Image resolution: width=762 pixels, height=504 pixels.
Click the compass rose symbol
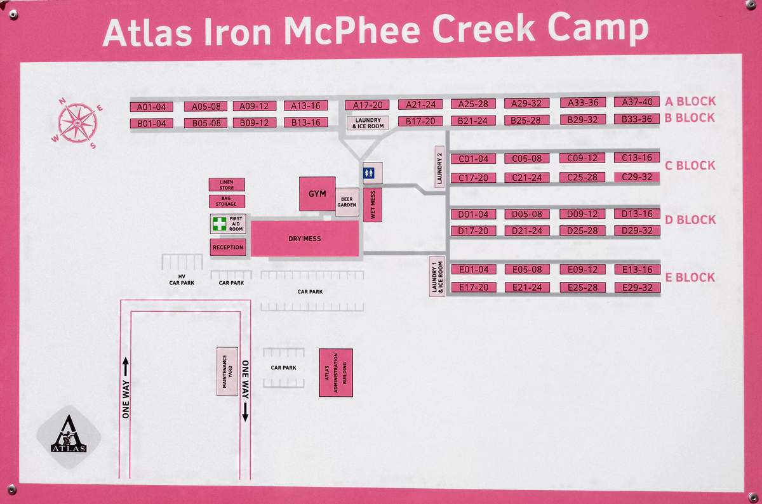(x=76, y=122)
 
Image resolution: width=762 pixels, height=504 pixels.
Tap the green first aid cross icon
(x=219, y=223)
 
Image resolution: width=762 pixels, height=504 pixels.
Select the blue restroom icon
(x=373, y=172)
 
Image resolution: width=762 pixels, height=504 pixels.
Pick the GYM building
(x=317, y=194)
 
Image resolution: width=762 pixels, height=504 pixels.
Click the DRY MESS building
(x=305, y=239)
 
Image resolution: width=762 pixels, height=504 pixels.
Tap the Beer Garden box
(x=347, y=202)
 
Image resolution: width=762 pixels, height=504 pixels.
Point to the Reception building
(x=228, y=247)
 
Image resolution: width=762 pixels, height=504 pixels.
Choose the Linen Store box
(x=227, y=185)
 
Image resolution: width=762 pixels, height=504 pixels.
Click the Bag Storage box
(x=227, y=201)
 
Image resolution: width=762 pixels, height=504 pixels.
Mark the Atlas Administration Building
(x=335, y=373)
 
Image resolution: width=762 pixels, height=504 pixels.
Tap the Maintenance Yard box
(x=227, y=371)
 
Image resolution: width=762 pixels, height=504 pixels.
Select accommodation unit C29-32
(x=637, y=177)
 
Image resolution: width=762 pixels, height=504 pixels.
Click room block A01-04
(x=151, y=107)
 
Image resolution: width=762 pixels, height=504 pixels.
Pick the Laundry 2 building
(x=439, y=166)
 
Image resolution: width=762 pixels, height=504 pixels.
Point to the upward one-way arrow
(x=126, y=366)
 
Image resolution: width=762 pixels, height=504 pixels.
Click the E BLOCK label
(x=690, y=277)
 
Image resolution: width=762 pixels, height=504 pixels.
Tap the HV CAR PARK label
(x=182, y=279)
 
